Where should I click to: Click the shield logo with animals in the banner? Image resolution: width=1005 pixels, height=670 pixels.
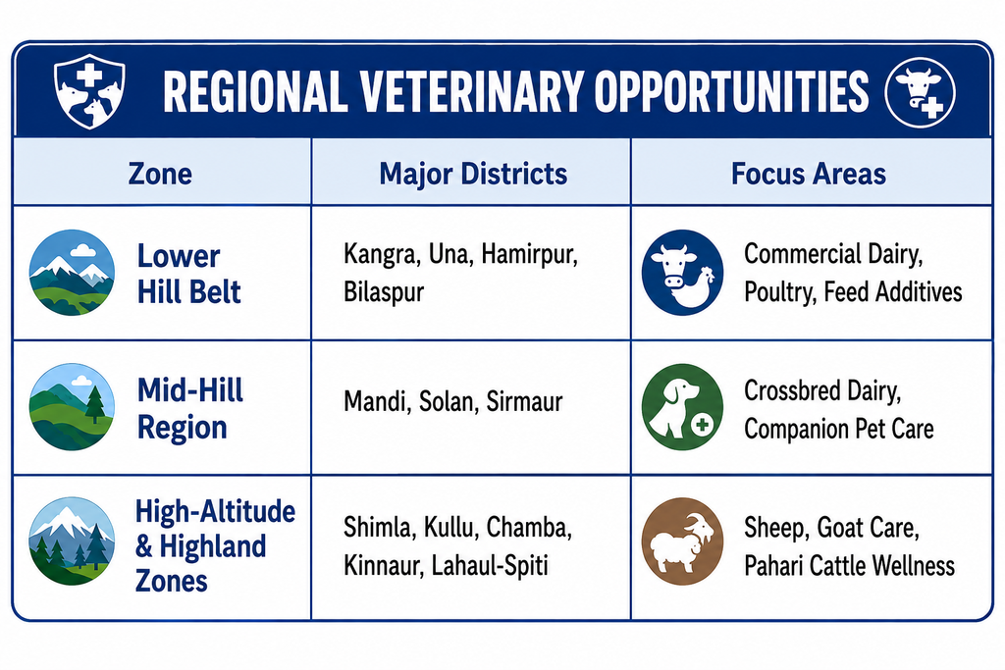point(89,91)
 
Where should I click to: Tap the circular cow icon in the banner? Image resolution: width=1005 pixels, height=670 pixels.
point(920,91)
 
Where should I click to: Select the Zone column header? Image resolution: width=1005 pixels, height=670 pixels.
point(160,174)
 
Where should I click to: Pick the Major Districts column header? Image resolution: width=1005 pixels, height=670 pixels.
point(473,175)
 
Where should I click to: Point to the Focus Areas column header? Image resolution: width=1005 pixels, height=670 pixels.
point(809,174)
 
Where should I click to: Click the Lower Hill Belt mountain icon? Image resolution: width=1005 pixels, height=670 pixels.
point(72,273)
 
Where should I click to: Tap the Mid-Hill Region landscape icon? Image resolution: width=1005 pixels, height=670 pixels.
point(72,407)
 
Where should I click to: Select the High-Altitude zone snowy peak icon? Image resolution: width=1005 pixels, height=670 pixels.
point(72,541)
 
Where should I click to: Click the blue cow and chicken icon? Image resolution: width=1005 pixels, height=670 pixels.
point(683,273)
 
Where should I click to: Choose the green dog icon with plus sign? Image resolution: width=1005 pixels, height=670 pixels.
point(683,407)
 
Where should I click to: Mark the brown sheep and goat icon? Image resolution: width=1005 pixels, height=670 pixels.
point(683,541)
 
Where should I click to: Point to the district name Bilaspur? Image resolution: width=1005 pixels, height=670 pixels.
point(384,292)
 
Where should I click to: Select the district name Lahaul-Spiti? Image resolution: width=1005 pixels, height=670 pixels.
point(490,566)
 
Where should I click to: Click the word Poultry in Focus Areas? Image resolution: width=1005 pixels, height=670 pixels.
point(779,292)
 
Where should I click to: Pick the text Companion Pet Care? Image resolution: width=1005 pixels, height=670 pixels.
point(839,429)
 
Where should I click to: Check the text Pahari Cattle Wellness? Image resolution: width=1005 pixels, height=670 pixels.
point(849,566)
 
